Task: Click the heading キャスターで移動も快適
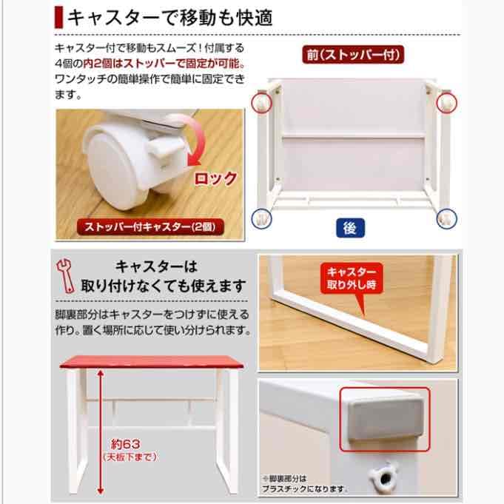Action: pyautogui.click(x=170, y=17)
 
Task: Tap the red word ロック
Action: pyautogui.click(x=215, y=178)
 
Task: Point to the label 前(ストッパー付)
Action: pyautogui.click(x=349, y=53)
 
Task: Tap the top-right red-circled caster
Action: pyautogui.click(x=448, y=101)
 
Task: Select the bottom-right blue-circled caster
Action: pyautogui.click(x=446, y=216)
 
